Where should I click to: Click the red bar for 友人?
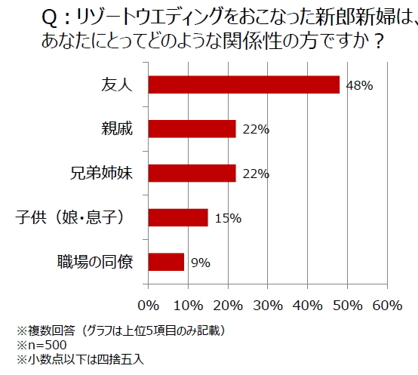point(244,85)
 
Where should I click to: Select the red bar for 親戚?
point(192,129)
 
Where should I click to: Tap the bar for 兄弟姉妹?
point(192,173)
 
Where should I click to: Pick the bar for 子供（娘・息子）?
point(178,217)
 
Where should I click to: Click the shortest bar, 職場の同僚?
point(166,262)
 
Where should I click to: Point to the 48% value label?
point(359,85)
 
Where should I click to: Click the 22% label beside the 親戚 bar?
point(256,130)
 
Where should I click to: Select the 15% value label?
point(227,218)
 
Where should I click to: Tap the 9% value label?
point(200,263)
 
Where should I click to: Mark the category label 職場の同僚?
point(94,262)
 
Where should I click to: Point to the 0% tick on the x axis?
point(148,306)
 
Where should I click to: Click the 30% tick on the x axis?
point(267,306)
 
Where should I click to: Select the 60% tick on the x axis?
point(386,306)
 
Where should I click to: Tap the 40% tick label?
point(307,306)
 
